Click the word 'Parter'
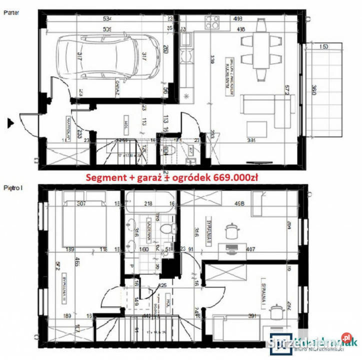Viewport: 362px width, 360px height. tap(11, 13)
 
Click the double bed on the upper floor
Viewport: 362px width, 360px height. tap(82, 223)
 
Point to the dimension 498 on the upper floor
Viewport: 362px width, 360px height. tap(241, 203)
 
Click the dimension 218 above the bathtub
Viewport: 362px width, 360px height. tap(148, 203)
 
